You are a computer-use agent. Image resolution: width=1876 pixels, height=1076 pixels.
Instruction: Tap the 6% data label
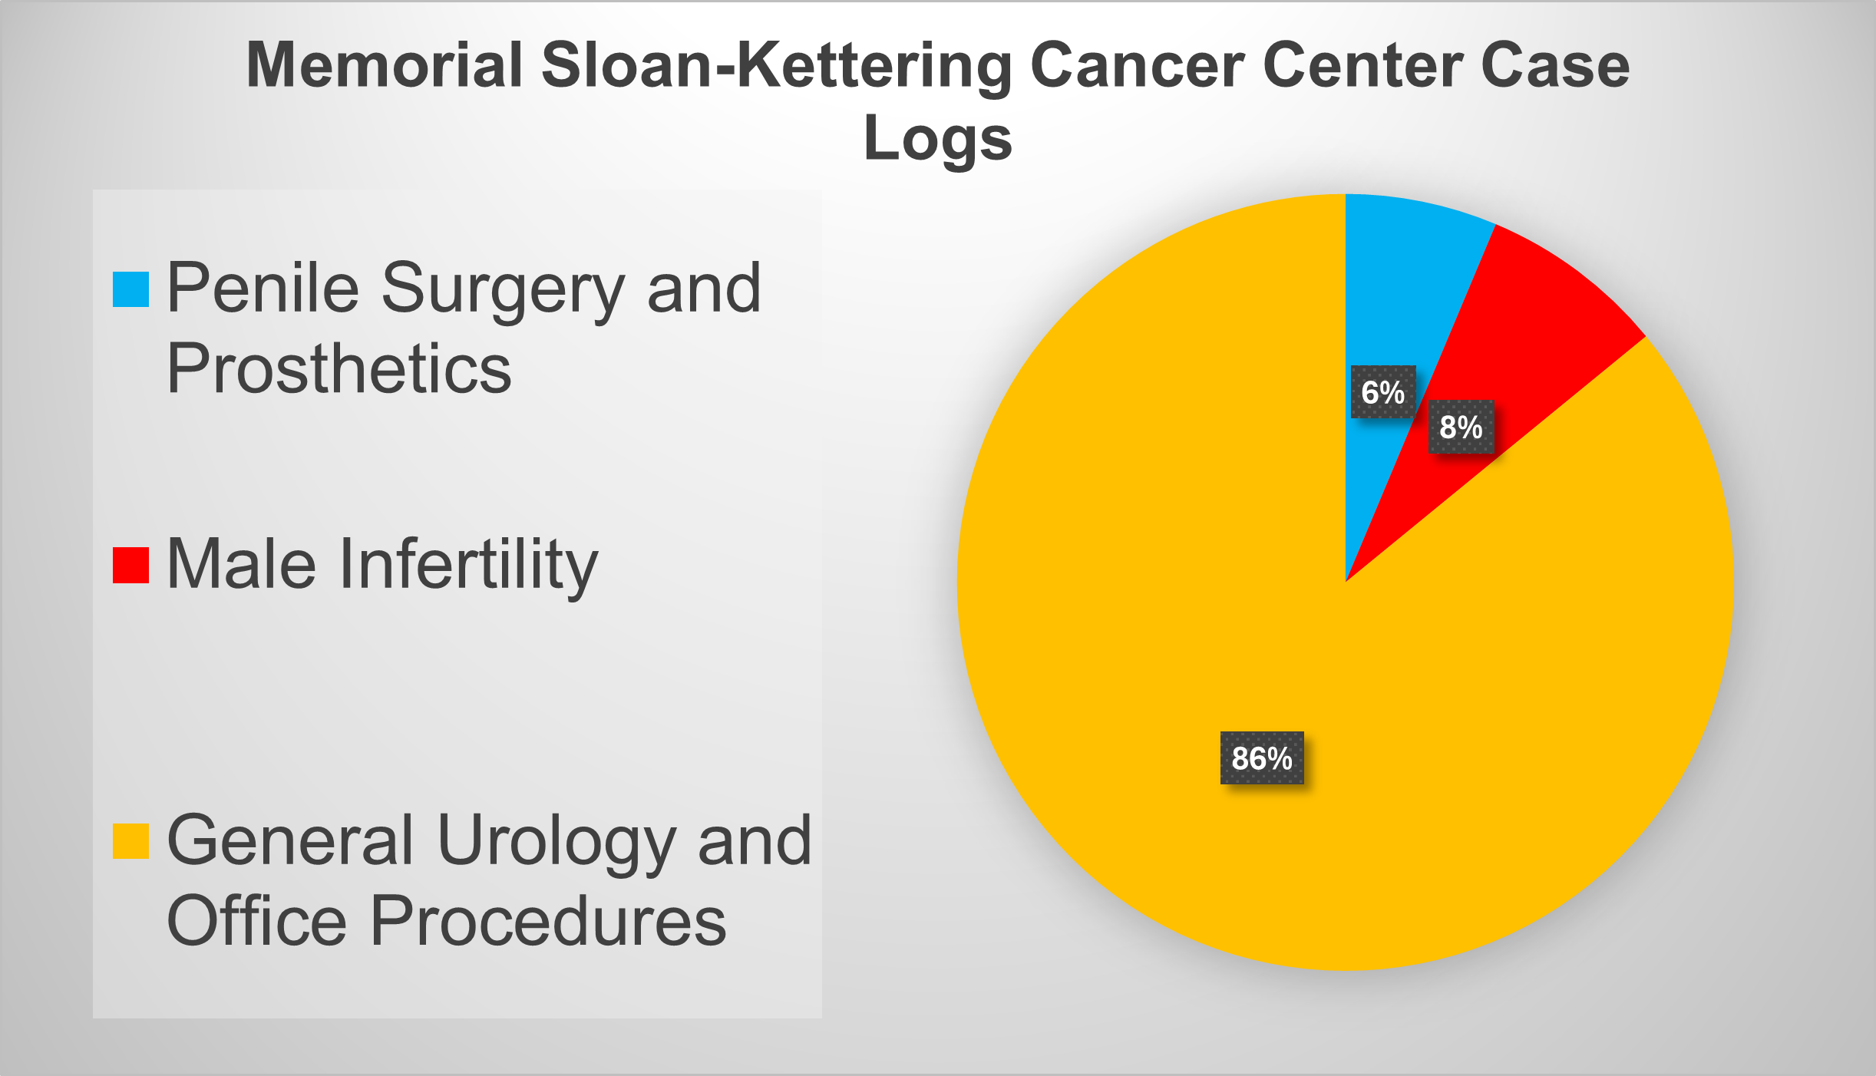(x=1383, y=392)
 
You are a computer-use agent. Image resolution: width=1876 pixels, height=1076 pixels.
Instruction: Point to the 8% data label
(x=1461, y=427)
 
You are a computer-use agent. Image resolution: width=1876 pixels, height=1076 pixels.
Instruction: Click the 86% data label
(x=1262, y=758)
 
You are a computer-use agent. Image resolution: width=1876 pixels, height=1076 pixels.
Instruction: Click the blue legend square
(x=130, y=289)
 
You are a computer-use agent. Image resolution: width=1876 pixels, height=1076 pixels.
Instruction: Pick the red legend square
(x=130, y=565)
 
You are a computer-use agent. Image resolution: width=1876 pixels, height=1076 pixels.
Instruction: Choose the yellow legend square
(x=130, y=841)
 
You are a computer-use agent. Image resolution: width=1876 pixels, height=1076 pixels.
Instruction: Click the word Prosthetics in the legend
(x=339, y=368)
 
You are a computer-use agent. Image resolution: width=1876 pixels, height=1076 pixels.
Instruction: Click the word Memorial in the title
(x=385, y=64)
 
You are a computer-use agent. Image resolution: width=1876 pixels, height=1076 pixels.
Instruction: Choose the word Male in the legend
(x=241, y=563)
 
